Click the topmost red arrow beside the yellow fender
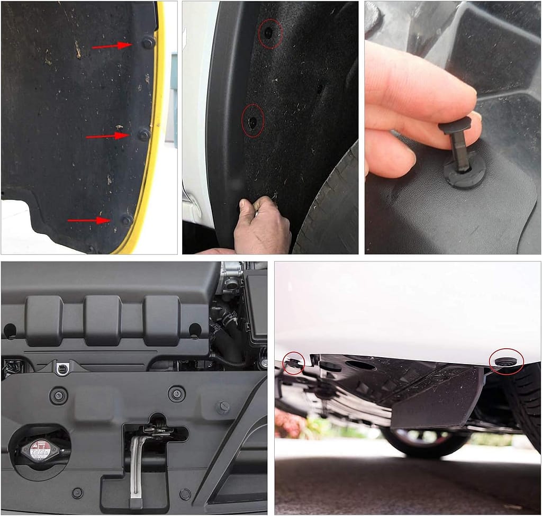(x=112, y=46)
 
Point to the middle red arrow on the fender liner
(x=107, y=136)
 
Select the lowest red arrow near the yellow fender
(x=88, y=220)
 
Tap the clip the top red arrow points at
(x=148, y=42)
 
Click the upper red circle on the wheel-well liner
(x=270, y=34)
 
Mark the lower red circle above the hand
(x=253, y=121)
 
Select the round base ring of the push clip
(x=465, y=175)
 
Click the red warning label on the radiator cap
(x=40, y=449)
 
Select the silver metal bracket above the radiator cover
(x=62, y=367)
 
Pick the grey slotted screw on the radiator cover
(x=223, y=408)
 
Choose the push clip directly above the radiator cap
(x=58, y=395)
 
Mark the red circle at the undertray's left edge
(x=293, y=363)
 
